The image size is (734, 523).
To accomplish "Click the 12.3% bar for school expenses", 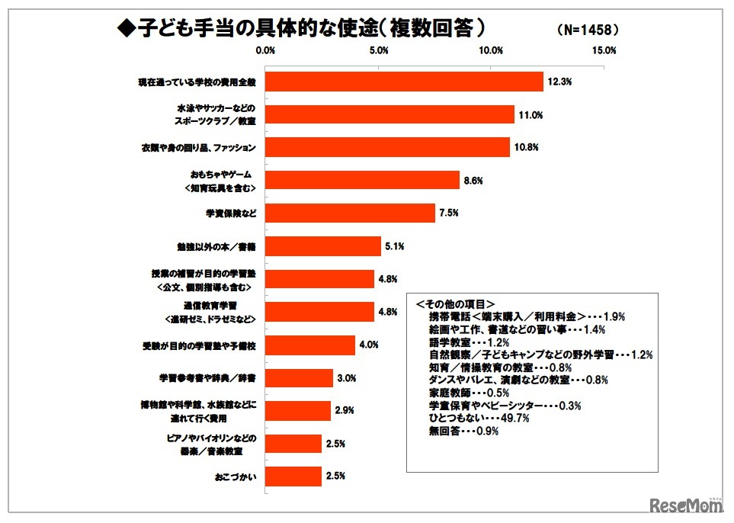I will pyautogui.click(x=404, y=82).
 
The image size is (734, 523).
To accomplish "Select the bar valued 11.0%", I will pyautogui.click(x=389, y=114).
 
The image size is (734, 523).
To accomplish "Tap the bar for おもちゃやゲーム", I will pyautogui.click(x=362, y=180).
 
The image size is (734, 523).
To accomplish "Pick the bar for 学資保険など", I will pyautogui.click(x=350, y=213).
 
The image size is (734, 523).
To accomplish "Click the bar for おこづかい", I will pyautogui.click(x=293, y=476).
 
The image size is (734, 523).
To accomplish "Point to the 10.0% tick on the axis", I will pyautogui.click(x=492, y=50).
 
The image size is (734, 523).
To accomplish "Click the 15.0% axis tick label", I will pyautogui.click(x=604, y=50).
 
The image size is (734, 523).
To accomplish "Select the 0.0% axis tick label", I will pyautogui.click(x=265, y=50).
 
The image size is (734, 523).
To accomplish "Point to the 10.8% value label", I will pyautogui.click(x=527, y=147).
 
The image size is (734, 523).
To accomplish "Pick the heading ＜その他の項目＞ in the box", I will pyautogui.click(x=456, y=303).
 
